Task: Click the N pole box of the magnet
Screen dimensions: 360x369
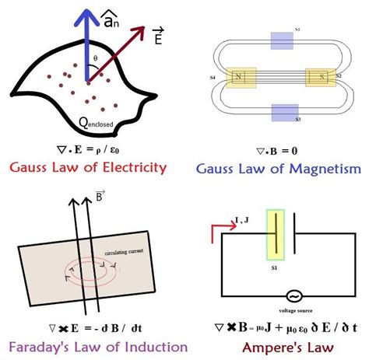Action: [x=238, y=77]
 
